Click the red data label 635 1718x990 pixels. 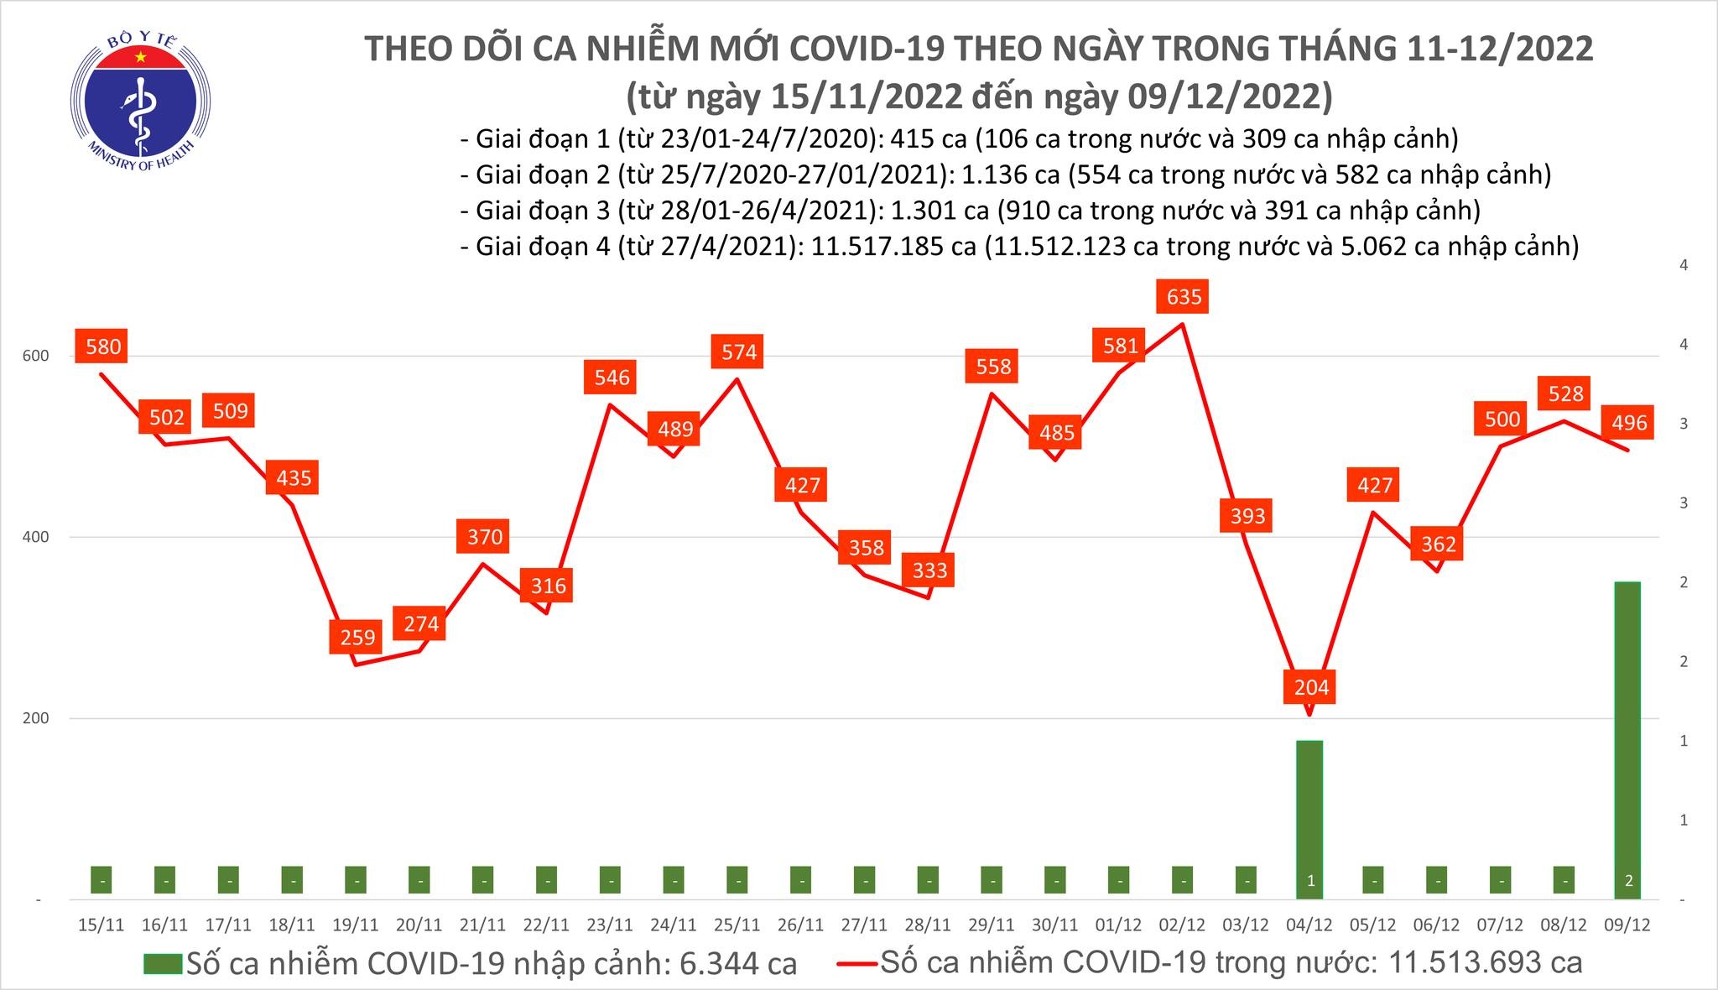[x=1184, y=296]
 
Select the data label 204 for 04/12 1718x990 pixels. [x=1311, y=687]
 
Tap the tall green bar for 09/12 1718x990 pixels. [x=1627, y=738]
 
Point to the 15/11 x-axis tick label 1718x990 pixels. [x=101, y=925]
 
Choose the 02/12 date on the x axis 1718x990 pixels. [x=1182, y=925]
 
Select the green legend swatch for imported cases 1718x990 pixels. [x=162, y=963]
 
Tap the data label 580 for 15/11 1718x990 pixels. [x=101, y=346]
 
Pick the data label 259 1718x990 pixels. [x=357, y=638]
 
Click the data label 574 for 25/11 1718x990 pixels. [x=738, y=352]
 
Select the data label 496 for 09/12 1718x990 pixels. [x=1629, y=423]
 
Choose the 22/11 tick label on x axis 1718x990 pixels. [x=546, y=925]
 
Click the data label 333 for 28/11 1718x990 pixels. [x=929, y=571]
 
